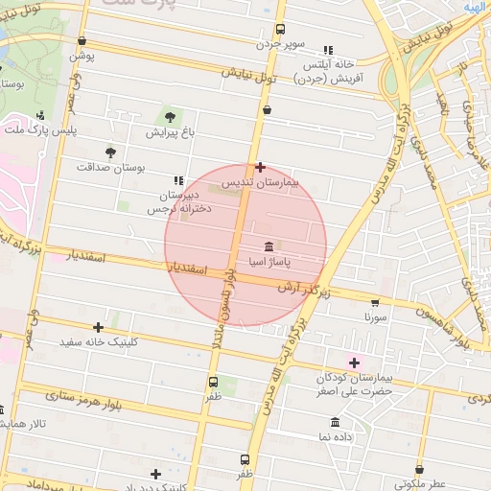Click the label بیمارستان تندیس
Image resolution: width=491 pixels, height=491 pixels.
[x=261, y=181]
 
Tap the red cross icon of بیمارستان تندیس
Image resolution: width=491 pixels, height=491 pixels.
[x=260, y=167]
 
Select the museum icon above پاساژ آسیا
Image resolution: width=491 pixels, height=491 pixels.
[x=267, y=245]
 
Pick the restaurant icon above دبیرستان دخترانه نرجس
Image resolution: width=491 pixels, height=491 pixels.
[x=177, y=180]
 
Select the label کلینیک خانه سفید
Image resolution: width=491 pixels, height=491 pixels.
[x=100, y=341]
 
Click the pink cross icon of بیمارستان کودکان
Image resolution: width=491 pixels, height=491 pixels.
[x=356, y=362]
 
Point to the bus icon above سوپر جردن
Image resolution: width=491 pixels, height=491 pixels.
[x=280, y=30]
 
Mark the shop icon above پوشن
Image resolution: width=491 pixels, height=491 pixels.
[x=82, y=40]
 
